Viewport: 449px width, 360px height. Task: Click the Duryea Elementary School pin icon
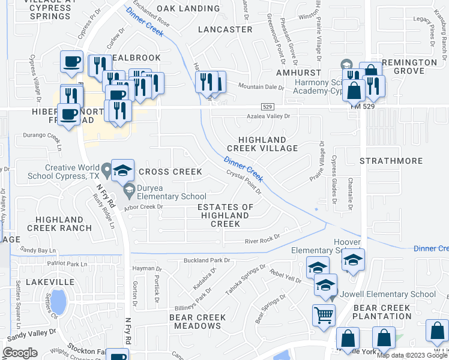click(128, 190)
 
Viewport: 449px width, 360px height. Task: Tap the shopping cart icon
click(324, 314)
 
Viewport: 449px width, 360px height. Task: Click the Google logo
click(20, 353)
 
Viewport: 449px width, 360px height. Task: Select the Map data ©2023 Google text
click(411, 355)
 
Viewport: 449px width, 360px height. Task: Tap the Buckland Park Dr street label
click(206, 260)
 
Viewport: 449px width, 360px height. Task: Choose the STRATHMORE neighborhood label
click(391, 161)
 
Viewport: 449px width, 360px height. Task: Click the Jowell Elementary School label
click(388, 294)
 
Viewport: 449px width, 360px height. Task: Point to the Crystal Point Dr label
click(243, 181)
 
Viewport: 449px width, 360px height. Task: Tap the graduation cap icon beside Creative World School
click(122, 170)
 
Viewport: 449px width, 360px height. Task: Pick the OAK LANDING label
click(188, 8)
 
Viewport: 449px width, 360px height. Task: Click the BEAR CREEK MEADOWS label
click(197, 322)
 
